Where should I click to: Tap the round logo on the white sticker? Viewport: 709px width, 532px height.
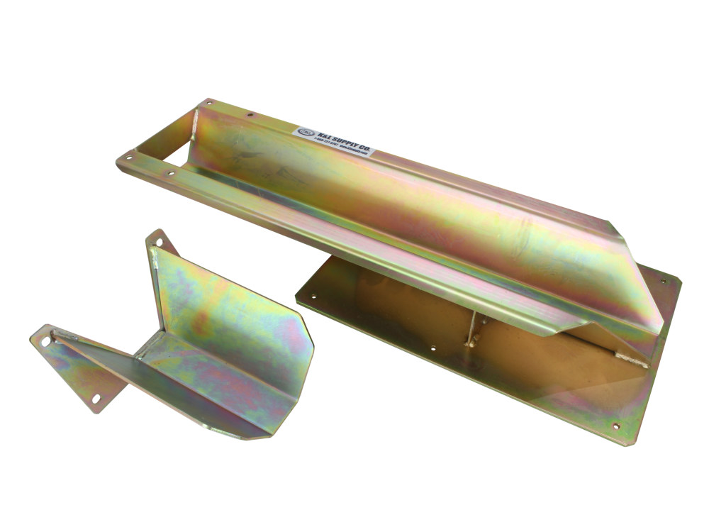point(303,130)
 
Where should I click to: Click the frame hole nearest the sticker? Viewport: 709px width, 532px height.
point(250,112)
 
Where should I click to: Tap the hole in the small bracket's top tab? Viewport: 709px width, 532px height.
point(159,243)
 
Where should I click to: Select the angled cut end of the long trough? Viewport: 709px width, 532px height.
point(638,284)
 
